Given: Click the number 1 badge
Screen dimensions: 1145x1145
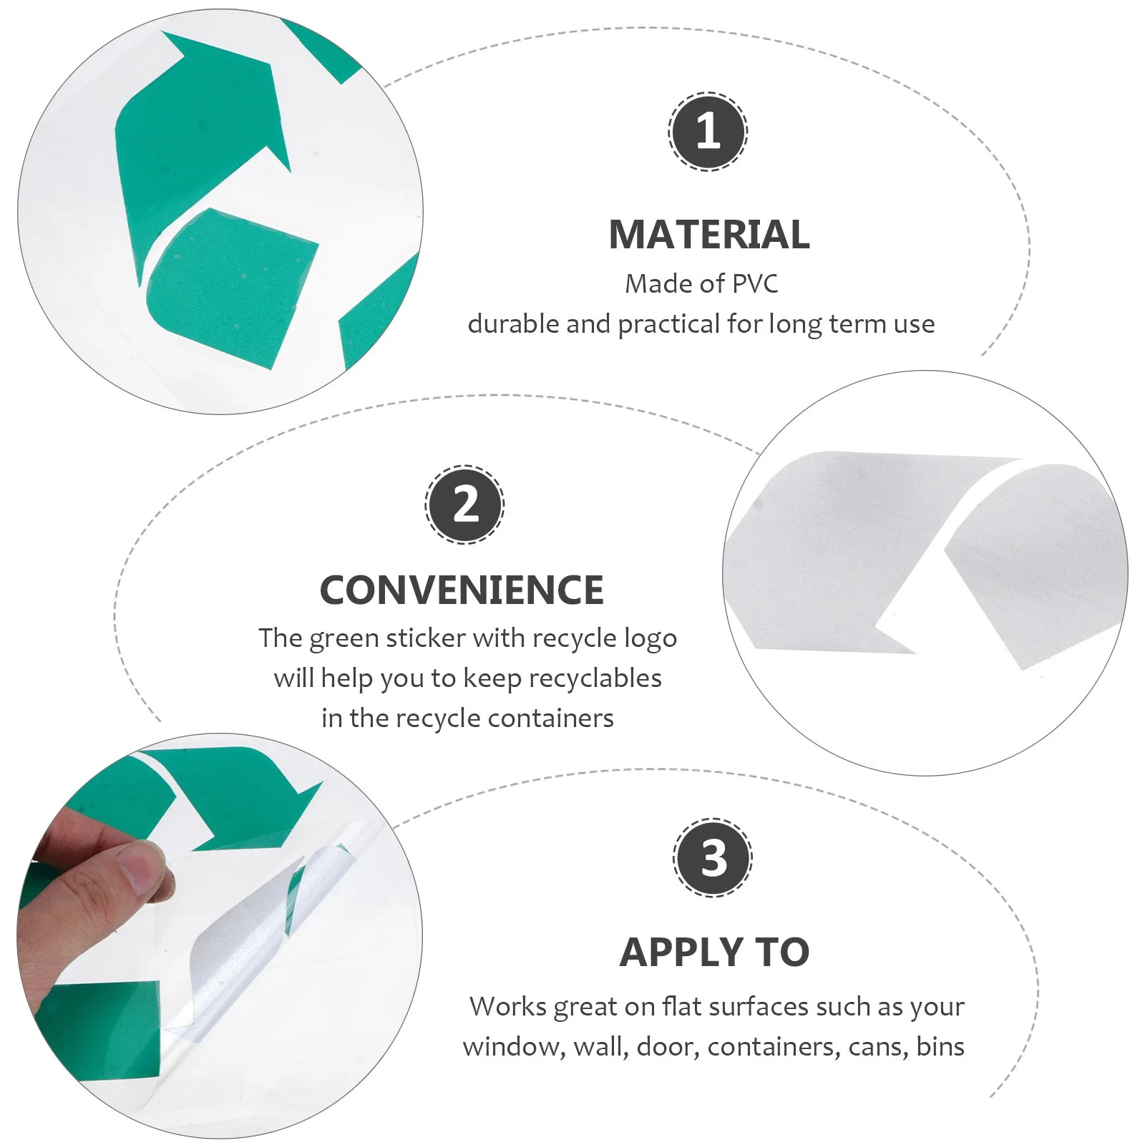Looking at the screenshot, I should [708, 132].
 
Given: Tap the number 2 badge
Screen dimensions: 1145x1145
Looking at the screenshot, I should [465, 505].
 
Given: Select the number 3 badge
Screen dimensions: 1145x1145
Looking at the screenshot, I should [713, 857].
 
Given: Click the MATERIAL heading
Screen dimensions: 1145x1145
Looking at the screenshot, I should [709, 235].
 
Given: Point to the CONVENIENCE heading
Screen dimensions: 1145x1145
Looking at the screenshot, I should [462, 590].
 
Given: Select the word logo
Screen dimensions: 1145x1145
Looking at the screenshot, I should [650, 638].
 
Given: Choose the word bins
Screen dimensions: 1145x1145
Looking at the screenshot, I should [940, 1047].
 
